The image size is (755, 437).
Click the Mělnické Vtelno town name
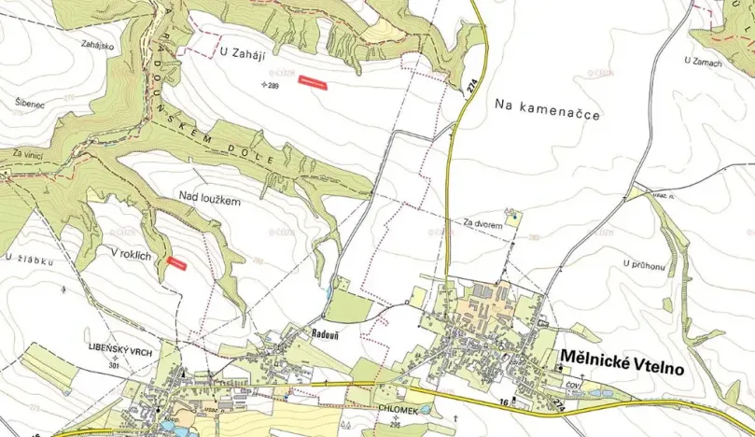(622, 362)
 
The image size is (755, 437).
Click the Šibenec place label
(30, 104)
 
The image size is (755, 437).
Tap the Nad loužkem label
(210, 200)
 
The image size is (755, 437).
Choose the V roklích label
(130, 253)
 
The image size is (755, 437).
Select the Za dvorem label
(483, 224)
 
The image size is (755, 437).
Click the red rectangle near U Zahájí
(314, 83)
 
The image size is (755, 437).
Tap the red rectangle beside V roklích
(176, 263)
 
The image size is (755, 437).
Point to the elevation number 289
(273, 85)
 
